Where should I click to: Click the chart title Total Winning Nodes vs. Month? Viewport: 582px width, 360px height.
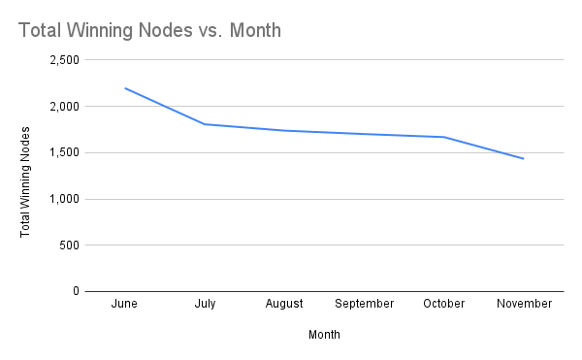coord(149,30)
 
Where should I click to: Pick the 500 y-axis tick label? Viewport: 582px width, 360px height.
coord(68,245)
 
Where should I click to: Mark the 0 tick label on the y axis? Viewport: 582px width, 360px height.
coord(74,291)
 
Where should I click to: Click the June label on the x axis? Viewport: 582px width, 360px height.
coord(125,304)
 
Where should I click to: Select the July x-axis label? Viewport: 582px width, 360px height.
coord(205,304)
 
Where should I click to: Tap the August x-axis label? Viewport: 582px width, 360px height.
coord(285,304)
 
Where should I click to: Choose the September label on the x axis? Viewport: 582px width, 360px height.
coord(365,304)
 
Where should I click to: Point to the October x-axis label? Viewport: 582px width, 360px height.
coord(444,304)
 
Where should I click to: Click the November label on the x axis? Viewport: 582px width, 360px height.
coord(524,304)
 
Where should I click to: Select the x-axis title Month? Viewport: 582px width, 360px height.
coord(324,335)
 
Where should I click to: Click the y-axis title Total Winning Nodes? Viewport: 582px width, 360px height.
coord(26,180)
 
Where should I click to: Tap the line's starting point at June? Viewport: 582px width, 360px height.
coord(125,88)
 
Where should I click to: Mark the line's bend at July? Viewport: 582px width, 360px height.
coord(205,124)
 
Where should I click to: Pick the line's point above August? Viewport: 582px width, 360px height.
coord(285,130)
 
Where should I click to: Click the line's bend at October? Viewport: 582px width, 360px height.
coord(444,137)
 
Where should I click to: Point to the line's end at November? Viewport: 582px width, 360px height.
coord(524,158)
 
